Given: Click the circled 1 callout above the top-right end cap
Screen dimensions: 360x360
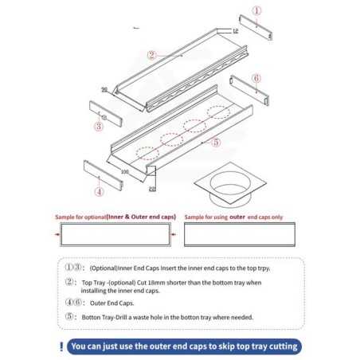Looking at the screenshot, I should click(x=256, y=11).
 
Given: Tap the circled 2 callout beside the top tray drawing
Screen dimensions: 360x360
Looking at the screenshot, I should click(x=151, y=55).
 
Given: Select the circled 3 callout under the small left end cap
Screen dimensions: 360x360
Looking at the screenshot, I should click(x=98, y=126).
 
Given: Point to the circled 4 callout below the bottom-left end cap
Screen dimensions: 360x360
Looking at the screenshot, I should click(x=99, y=192).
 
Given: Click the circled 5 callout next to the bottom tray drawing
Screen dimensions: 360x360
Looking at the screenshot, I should click(x=216, y=143).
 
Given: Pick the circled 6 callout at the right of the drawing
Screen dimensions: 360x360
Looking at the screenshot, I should click(x=256, y=78).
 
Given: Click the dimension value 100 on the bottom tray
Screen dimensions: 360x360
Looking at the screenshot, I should click(x=124, y=170).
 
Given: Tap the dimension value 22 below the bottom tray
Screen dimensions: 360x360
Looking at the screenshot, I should click(x=152, y=189).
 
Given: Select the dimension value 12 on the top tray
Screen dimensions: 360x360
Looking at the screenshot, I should click(x=235, y=30).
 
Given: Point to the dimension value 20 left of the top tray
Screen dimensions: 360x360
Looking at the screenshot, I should click(x=104, y=90).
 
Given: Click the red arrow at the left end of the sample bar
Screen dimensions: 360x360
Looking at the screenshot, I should click(x=58, y=235).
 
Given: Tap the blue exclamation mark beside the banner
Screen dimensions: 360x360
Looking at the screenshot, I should click(x=62, y=346).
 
